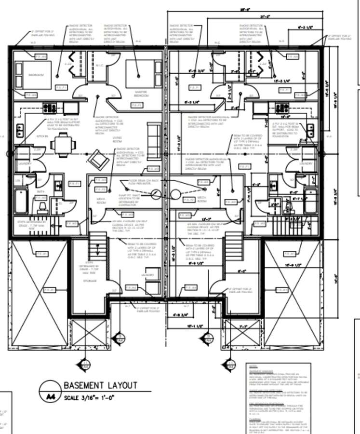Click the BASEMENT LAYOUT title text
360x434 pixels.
click(100, 385)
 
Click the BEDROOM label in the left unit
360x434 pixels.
click(36, 75)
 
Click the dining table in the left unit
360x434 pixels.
click(63, 144)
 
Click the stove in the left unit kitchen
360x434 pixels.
click(50, 108)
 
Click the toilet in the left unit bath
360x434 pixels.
click(41, 208)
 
